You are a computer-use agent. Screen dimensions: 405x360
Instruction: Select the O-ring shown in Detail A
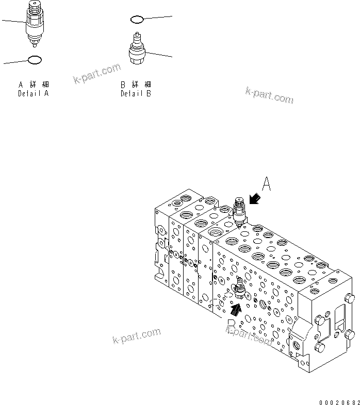tap(34, 60)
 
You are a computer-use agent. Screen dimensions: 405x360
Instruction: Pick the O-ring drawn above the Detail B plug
tap(137, 20)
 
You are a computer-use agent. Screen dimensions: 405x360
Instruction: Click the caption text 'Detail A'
tap(34, 94)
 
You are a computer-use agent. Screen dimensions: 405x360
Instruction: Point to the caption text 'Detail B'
tap(136, 94)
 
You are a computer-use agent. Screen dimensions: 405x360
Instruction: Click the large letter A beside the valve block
tap(267, 184)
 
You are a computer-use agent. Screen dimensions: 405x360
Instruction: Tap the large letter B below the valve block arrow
tap(232, 326)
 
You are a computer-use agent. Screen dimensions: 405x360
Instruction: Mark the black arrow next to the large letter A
tap(255, 198)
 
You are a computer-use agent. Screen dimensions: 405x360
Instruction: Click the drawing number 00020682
tap(338, 400)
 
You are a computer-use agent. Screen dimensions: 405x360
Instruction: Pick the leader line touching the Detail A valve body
tap(12, 21)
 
